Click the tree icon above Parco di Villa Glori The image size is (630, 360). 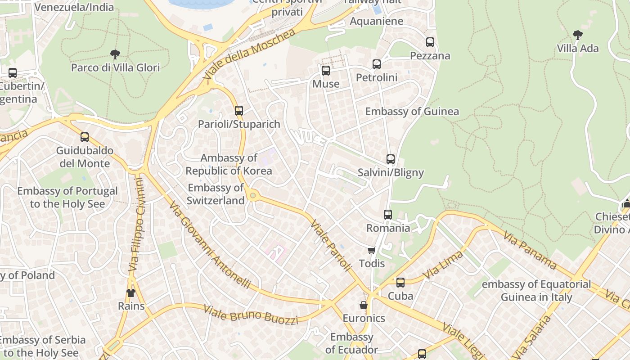pyautogui.click(x=115, y=54)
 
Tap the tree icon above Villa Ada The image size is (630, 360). pyautogui.click(x=577, y=35)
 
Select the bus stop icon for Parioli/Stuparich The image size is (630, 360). pyautogui.click(x=239, y=110)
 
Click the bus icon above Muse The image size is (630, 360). pyautogui.click(x=326, y=71)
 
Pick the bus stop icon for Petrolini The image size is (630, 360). pyautogui.click(x=377, y=64)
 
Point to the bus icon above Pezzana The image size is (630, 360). pyautogui.click(x=430, y=42)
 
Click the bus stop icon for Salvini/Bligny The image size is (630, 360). pyautogui.click(x=391, y=159)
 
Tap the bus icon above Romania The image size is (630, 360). pyautogui.click(x=388, y=215)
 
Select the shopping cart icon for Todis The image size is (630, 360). pyautogui.click(x=372, y=250)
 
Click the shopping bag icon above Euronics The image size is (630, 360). pyautogui.click(x=364, y=305)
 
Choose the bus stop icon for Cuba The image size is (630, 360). pyautogui.click(x=400, y=283)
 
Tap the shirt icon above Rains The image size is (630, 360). pyautogui.click(x=131, y=293)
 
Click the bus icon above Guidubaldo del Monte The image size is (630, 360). pyautogui.click(x=85, y=137)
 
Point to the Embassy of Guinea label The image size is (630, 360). pyautogui.click(x=412, y=112)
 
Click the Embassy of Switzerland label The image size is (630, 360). pyautogui.click(x=216, y=194)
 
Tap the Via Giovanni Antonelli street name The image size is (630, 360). pyautogui.click(x=210, y=245)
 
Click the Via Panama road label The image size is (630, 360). pyautogui.click(x=530, y=250)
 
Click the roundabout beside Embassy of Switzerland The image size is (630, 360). pyautogui.click(x=253, y=195)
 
